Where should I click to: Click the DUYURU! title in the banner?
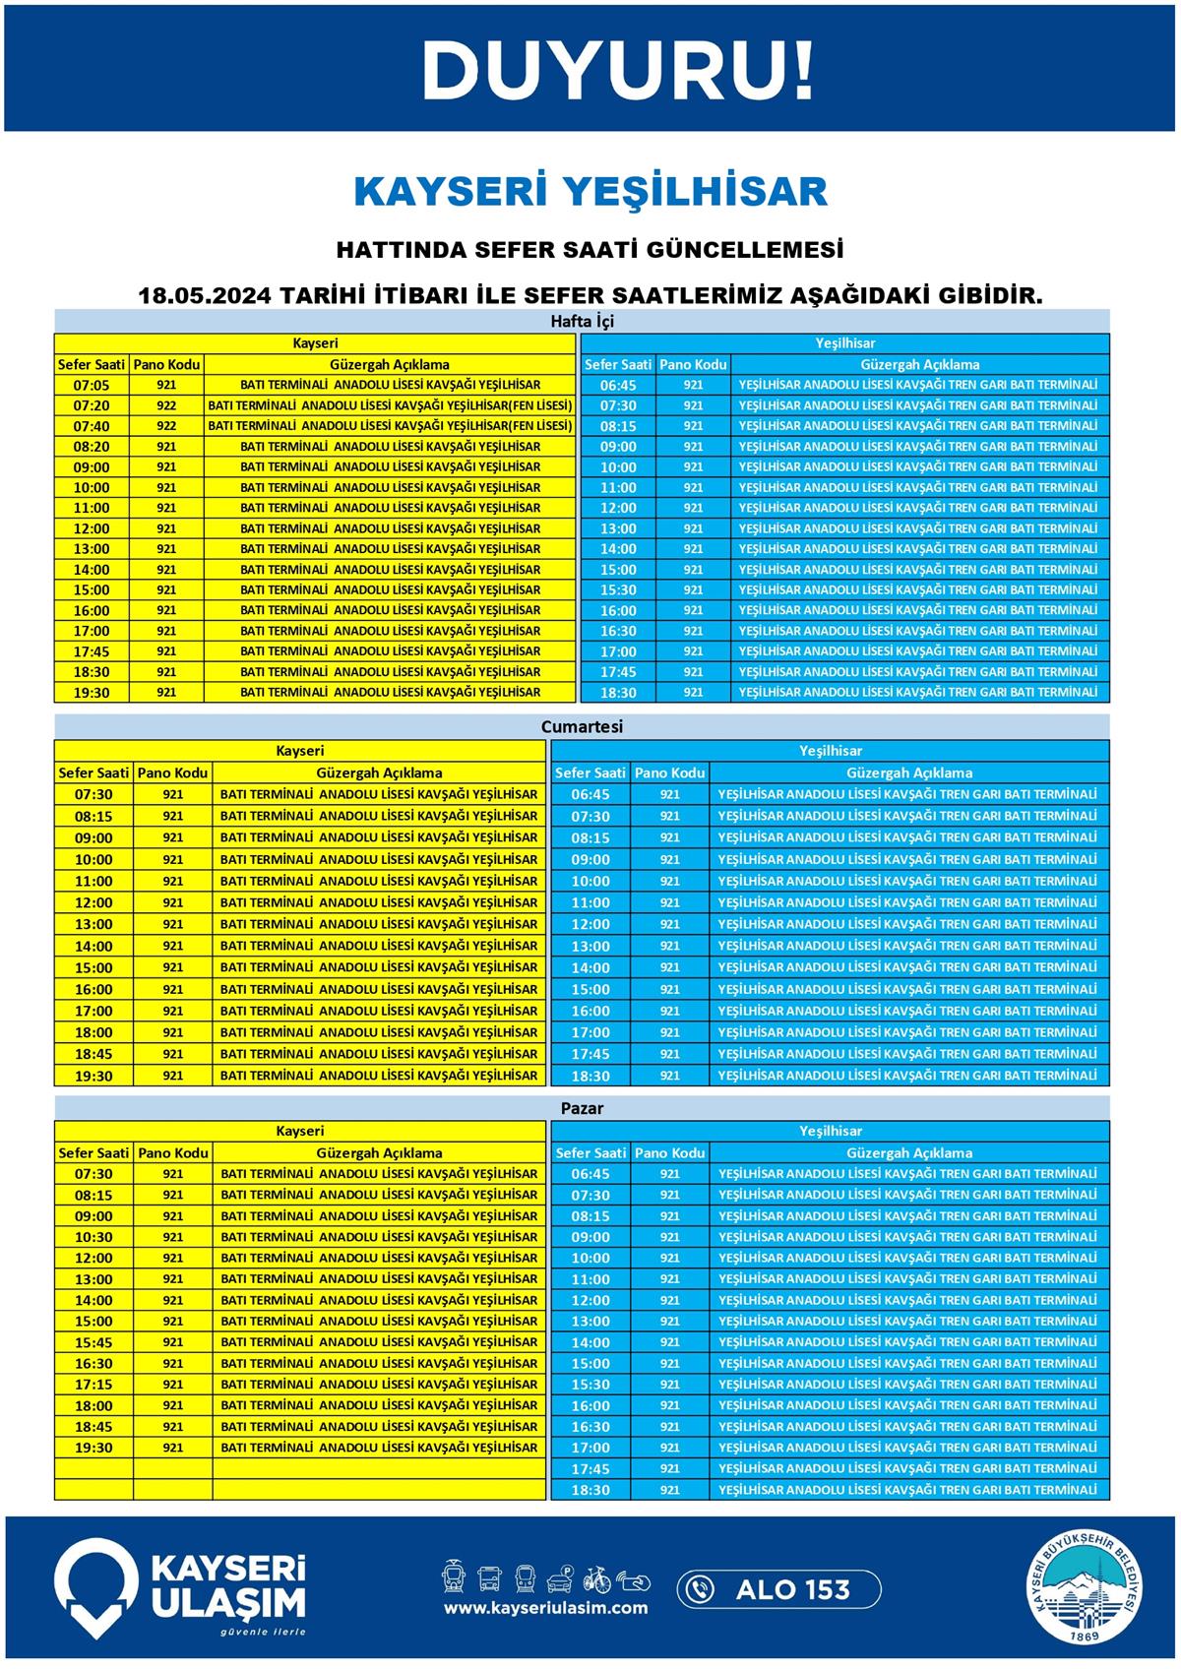point(618,71)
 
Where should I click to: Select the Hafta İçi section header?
point(582,322)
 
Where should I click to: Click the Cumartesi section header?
point(582,727)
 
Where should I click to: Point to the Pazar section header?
point(582,1108)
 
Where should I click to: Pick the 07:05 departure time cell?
point(92,385)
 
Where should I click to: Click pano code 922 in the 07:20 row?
point(166,405)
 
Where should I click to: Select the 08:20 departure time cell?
point(92,447)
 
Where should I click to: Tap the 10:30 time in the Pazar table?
point(93,1237)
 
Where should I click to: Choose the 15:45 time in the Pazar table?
point(93,1342)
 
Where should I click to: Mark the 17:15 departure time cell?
point(93,1385)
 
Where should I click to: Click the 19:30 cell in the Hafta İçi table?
point(92,693)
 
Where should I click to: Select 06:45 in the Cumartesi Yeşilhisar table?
point(590,794)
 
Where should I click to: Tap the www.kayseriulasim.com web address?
point(545,1608)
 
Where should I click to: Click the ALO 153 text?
point(792,1589)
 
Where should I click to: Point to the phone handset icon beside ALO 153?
point(700,1589)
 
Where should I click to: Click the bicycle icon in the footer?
point(596,1579)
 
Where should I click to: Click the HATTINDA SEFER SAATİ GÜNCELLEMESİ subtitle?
point(590,250)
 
